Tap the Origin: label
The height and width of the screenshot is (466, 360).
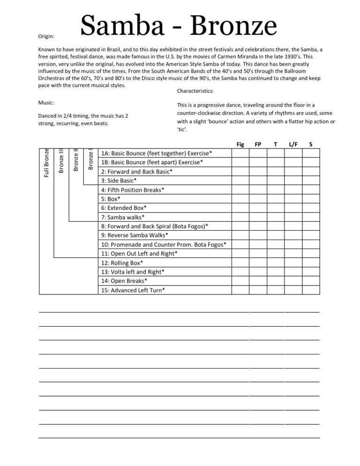46,36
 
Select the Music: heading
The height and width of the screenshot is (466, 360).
45,102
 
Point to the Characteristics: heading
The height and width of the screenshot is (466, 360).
195,91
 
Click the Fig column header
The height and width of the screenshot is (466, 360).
240,144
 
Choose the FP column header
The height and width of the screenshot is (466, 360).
258,144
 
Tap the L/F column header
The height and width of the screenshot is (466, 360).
293,144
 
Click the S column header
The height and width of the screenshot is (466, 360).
311,144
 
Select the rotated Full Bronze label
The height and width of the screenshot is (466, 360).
46,163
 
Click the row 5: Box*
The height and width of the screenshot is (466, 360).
111,199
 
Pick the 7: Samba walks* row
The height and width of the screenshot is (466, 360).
123,217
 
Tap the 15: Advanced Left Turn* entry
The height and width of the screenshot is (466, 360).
133,290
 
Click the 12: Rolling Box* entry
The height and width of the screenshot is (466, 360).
122,263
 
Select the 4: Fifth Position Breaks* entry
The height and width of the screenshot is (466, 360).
133,190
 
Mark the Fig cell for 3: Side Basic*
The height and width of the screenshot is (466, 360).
240,180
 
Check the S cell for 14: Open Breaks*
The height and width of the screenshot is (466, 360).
311,281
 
